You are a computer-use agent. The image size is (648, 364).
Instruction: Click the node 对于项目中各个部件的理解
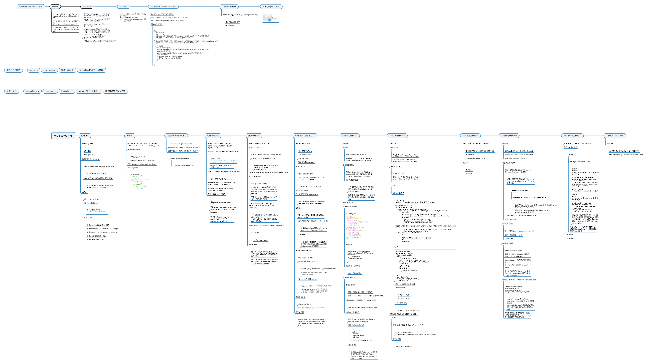[31, 7]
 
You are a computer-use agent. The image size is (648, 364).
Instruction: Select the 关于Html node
[55, 7]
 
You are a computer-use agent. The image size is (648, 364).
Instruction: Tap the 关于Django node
[87, 7]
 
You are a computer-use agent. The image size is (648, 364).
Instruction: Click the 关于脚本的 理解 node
[229, 7]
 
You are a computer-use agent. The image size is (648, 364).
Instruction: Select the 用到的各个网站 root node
[13, 70]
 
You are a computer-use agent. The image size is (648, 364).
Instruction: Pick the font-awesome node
[49, 70]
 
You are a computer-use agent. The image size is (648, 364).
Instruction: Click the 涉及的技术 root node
[11, 91]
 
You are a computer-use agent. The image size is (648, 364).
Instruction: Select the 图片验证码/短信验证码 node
[115, 91]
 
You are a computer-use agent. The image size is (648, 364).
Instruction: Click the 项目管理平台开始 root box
[63, 136]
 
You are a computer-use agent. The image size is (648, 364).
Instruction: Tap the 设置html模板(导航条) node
[176, 136]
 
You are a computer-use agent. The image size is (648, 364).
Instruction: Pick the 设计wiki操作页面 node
[350, 136]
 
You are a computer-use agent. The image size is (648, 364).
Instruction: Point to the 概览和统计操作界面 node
[572, 136]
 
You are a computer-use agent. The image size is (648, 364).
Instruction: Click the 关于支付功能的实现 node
[615, 136]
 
